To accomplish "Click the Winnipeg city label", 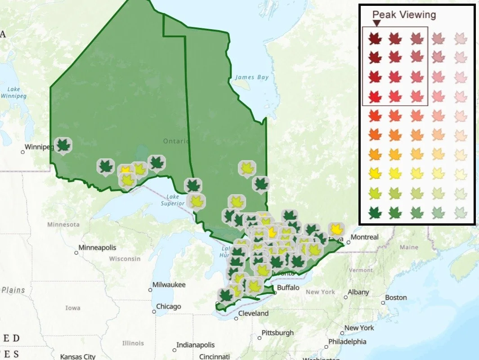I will [39, 147].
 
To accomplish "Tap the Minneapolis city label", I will [97, 248].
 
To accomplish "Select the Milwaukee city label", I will [169, 284].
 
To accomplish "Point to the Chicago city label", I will [168, 307].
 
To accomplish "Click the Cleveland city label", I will [253, 313].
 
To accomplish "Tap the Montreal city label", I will [364, 237].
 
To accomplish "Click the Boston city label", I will [396, 298].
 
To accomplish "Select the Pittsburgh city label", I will [279, 333].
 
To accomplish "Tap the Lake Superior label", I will [173, 200].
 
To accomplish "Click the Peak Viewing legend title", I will [404, 14].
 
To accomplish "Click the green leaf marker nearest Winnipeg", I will [63, 145].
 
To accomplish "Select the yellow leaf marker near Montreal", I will [335, 230].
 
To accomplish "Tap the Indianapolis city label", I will [196, 345].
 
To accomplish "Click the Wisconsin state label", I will [125, 259].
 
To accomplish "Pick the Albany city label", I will [358, 292].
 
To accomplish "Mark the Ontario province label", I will [176, 141].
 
